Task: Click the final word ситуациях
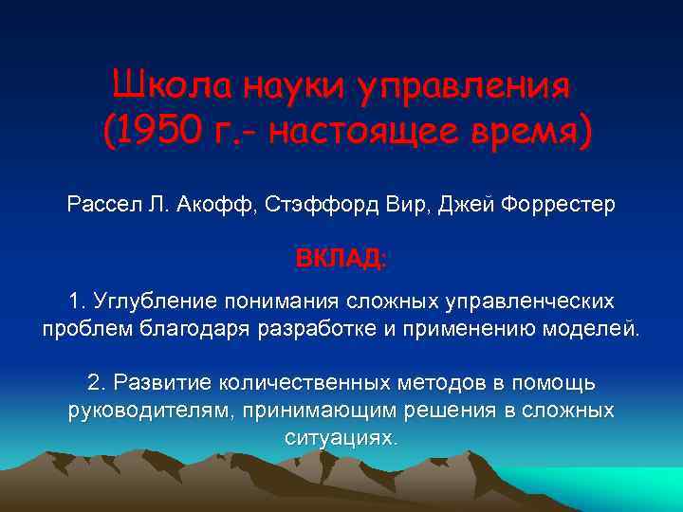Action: coord(341,438)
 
